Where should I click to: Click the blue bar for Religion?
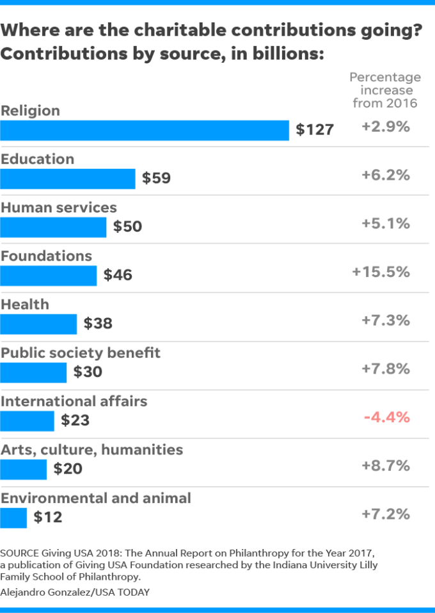[x=145, y=130]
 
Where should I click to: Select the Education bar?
[x=68, y=179]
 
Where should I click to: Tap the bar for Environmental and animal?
[x=13, y=518]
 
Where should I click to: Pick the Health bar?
[x=38, y=324]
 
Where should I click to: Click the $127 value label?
[x=315, y=130]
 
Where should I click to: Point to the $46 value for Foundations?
[x=118, y=276]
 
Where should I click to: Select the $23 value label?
[x=75, y=421]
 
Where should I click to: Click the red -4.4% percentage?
[x=386, y=418]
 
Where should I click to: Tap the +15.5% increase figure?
[x=381, y=272]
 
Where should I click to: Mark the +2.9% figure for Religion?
[x=385, y=127]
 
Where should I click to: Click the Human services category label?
[x=59, y=207]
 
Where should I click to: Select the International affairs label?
[x=74, y=401]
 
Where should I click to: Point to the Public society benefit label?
[x=81, y=353]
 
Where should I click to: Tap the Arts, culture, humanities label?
[x=91, y=450]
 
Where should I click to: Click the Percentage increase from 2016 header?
[x=385, y=90]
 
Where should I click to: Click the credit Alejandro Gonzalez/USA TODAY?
[x=75, y=592]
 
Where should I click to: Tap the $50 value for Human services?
[x=127, y=227]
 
